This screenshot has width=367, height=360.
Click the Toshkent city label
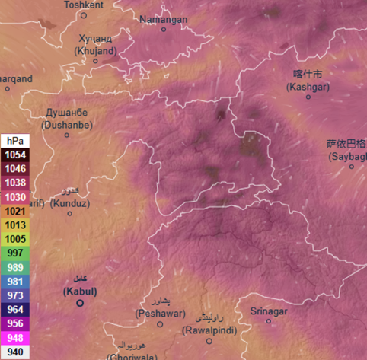point(84,5)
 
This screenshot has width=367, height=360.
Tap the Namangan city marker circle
point(164,29)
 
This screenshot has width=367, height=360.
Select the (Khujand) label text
point(95,50)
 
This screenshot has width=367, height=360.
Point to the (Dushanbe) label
point(67,124)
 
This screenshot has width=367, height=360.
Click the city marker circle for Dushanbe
point(67,135)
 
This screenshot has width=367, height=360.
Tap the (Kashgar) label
point(308,88)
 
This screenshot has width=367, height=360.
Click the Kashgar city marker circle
point(308,98)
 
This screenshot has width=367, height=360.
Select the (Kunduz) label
point(69,203)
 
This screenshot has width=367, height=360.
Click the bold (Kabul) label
point(80,291)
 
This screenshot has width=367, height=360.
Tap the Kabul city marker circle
point(80,303)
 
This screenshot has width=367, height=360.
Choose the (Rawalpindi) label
point(209,330)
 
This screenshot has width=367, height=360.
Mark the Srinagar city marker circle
point(268,321)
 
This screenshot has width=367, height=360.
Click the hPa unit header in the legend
point(15,141)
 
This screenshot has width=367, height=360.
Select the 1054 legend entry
point(15,154)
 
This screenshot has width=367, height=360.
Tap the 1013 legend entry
point(15,225)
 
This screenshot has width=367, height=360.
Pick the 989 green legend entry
point(15,267)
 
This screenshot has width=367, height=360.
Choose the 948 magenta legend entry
point(15,338)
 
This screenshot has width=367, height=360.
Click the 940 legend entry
point(15,352)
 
